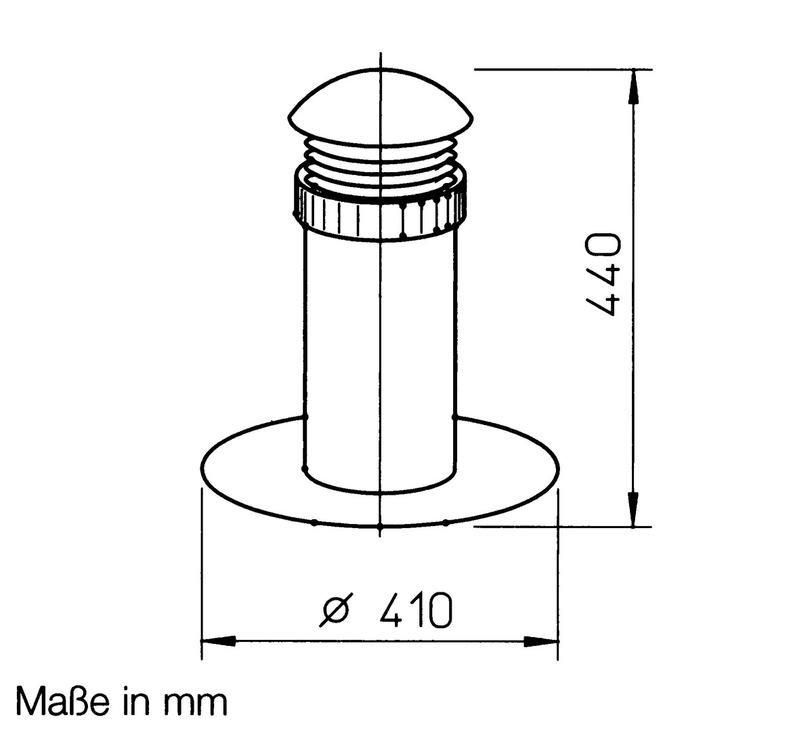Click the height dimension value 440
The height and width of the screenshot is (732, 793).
[602, 274]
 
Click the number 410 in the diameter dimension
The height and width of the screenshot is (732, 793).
[414, 609]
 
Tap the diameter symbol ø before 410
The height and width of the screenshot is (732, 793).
[335, 609]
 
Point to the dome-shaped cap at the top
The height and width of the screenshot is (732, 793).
[381, 104]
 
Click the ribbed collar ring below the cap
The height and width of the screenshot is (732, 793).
[380, 205]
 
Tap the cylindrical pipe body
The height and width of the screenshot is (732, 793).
[380, 354]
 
